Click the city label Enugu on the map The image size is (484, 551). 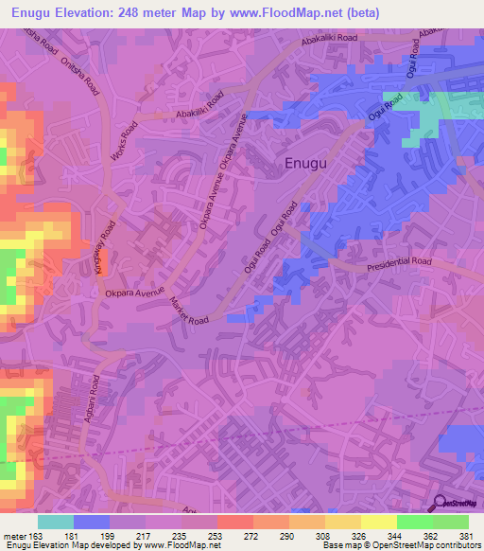coord(306,165)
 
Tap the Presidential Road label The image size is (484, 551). coord(399,261)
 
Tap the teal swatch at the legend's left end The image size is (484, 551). coord(56,522)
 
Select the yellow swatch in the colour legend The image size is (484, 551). coord(378,522)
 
